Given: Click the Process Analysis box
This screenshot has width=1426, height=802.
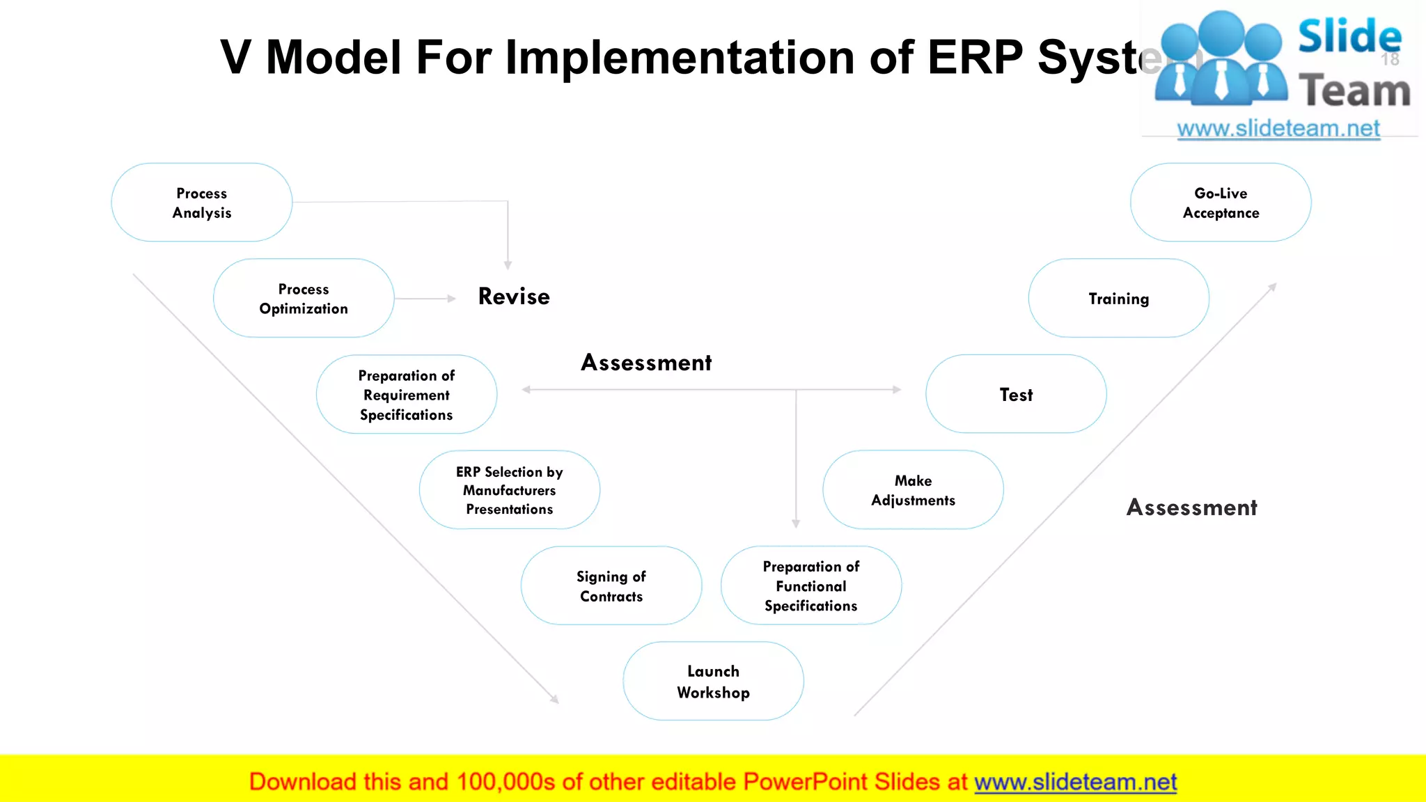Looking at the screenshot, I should (201, 203).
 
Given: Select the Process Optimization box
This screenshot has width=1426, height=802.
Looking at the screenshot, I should (304, 299).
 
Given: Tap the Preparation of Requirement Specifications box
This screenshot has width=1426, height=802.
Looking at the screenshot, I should (407, 395).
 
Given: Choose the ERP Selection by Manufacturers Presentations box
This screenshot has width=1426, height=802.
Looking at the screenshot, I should (510, 490).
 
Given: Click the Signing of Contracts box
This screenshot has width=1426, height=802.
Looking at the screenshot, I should (611, 586).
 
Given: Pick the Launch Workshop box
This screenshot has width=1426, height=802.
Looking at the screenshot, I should (713, 682).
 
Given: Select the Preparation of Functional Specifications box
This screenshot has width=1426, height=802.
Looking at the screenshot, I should (811, 586).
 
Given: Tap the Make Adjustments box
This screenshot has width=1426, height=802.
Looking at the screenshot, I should (913, 490).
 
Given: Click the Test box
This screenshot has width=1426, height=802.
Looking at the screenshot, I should (1016, 395).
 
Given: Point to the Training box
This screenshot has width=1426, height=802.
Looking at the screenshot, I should (1119, 299).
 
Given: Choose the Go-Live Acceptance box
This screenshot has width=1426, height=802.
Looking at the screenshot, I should (1221, 203).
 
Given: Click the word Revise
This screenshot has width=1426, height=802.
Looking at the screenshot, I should (514, 297).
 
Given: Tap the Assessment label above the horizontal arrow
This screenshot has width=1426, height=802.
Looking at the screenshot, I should (646, 363).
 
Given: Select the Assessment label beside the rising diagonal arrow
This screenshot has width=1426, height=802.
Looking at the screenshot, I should (1191, 508).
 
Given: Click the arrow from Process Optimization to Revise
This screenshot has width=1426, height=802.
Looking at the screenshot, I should (425, 299).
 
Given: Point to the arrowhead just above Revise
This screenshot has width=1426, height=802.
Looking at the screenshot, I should (508, 265).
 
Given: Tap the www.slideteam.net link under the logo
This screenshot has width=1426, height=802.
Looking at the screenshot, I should (1278, 129).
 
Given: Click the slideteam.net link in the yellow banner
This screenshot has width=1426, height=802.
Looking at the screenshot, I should (1075, 782).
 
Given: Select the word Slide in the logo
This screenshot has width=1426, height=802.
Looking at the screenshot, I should (1349, 36).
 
